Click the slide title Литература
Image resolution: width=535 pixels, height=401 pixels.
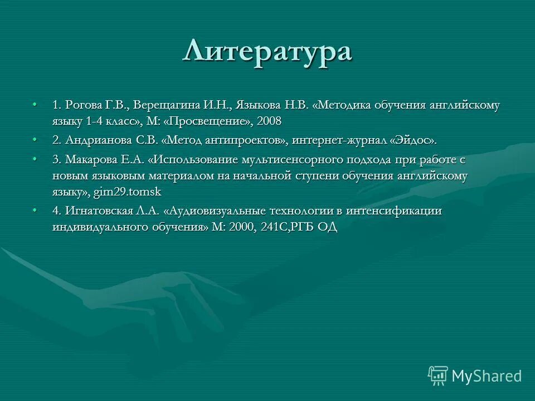click(x=267, y=52)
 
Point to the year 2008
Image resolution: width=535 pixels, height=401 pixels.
click(x=269, y=120)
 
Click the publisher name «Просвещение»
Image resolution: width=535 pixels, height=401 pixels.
click(x=212, y=120)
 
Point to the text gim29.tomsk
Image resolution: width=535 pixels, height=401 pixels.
click(x=134, y=191)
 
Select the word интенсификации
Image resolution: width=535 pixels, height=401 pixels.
click(x=394, y=211)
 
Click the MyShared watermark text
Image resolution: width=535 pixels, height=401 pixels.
click(x=487, y=376)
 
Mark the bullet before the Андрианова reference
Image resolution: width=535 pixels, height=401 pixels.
click(x=35, y=139)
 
